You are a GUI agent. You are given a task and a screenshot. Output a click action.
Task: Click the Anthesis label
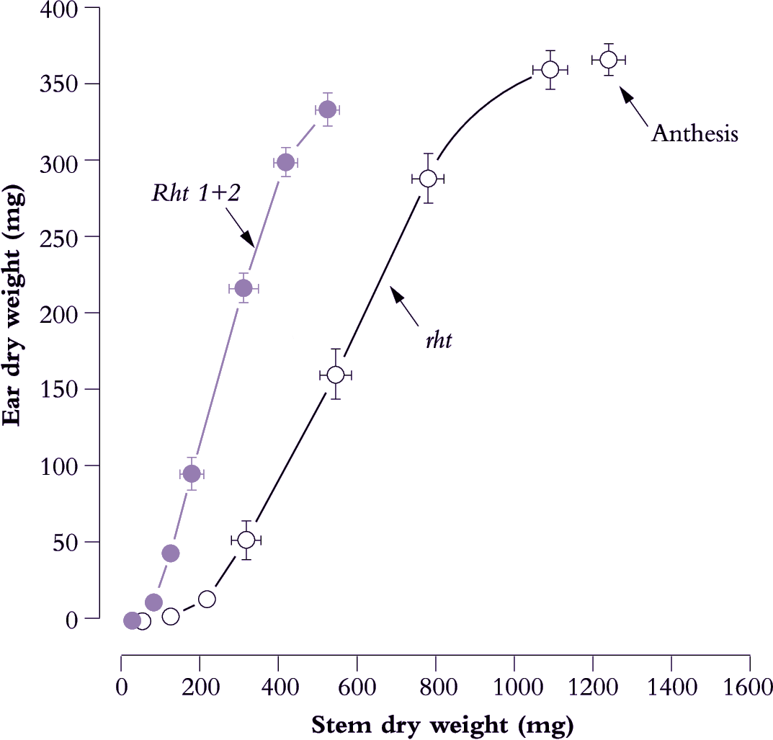click(x=694, y=133)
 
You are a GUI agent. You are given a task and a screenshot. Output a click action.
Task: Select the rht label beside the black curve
click(x=438, y=339)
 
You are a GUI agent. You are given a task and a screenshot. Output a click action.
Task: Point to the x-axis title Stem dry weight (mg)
click(x=442, y=726)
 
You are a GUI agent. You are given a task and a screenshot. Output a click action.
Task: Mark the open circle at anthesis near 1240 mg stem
click(x=609, y=60)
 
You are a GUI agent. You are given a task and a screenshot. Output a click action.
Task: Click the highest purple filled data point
click(x=327, y=110)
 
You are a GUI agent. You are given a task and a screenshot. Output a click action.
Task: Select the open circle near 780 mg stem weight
click(x=428, y=178)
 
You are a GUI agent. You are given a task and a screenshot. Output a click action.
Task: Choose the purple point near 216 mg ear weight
click(x=243, y=288)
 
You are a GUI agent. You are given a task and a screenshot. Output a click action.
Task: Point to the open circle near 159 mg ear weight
click(x=335, y=375)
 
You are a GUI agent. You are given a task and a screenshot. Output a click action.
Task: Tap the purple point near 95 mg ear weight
click(x=191, y=473)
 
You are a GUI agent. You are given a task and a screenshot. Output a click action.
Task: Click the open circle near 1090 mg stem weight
click(x=550, y=69)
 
